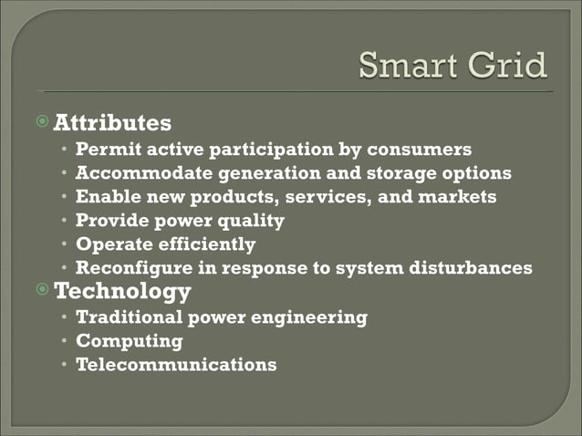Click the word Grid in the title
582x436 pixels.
[x=510, y=66]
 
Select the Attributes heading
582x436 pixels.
[x=112, y=121]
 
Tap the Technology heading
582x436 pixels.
[x=122, y=291]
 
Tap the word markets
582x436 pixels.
[x=457, y=196]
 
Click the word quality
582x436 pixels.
[x=250, y=220]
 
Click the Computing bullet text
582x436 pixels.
[x=130, y=341]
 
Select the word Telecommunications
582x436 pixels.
[x=176, y=365]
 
